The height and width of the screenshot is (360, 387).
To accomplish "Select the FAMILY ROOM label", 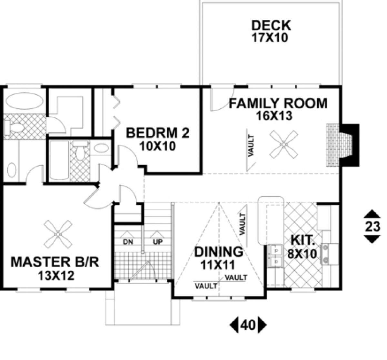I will (x=278, y=103).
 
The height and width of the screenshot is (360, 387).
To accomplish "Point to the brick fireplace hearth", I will (x=333, y=145).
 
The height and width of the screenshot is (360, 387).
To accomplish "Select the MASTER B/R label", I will (x=55, y=262).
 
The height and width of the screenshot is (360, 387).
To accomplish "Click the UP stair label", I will (x=157, y=242).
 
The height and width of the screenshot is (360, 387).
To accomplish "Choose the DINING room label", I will (x=218, y=252).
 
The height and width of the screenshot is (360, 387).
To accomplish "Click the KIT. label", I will (x=303, y=240).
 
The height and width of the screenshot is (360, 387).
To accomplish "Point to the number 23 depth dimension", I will (x=372, y=227).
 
